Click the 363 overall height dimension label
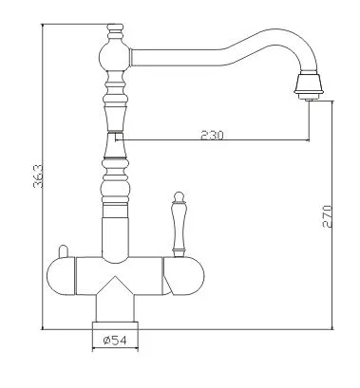[38, 176]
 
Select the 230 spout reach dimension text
[212, 136]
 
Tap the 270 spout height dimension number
[327, 216]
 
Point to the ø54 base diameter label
[115, 341]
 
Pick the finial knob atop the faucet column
[114, 31]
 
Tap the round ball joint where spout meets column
[114, 57]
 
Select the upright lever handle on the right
[178, 224]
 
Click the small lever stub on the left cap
[64, 251]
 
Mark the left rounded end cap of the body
[61, 276]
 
